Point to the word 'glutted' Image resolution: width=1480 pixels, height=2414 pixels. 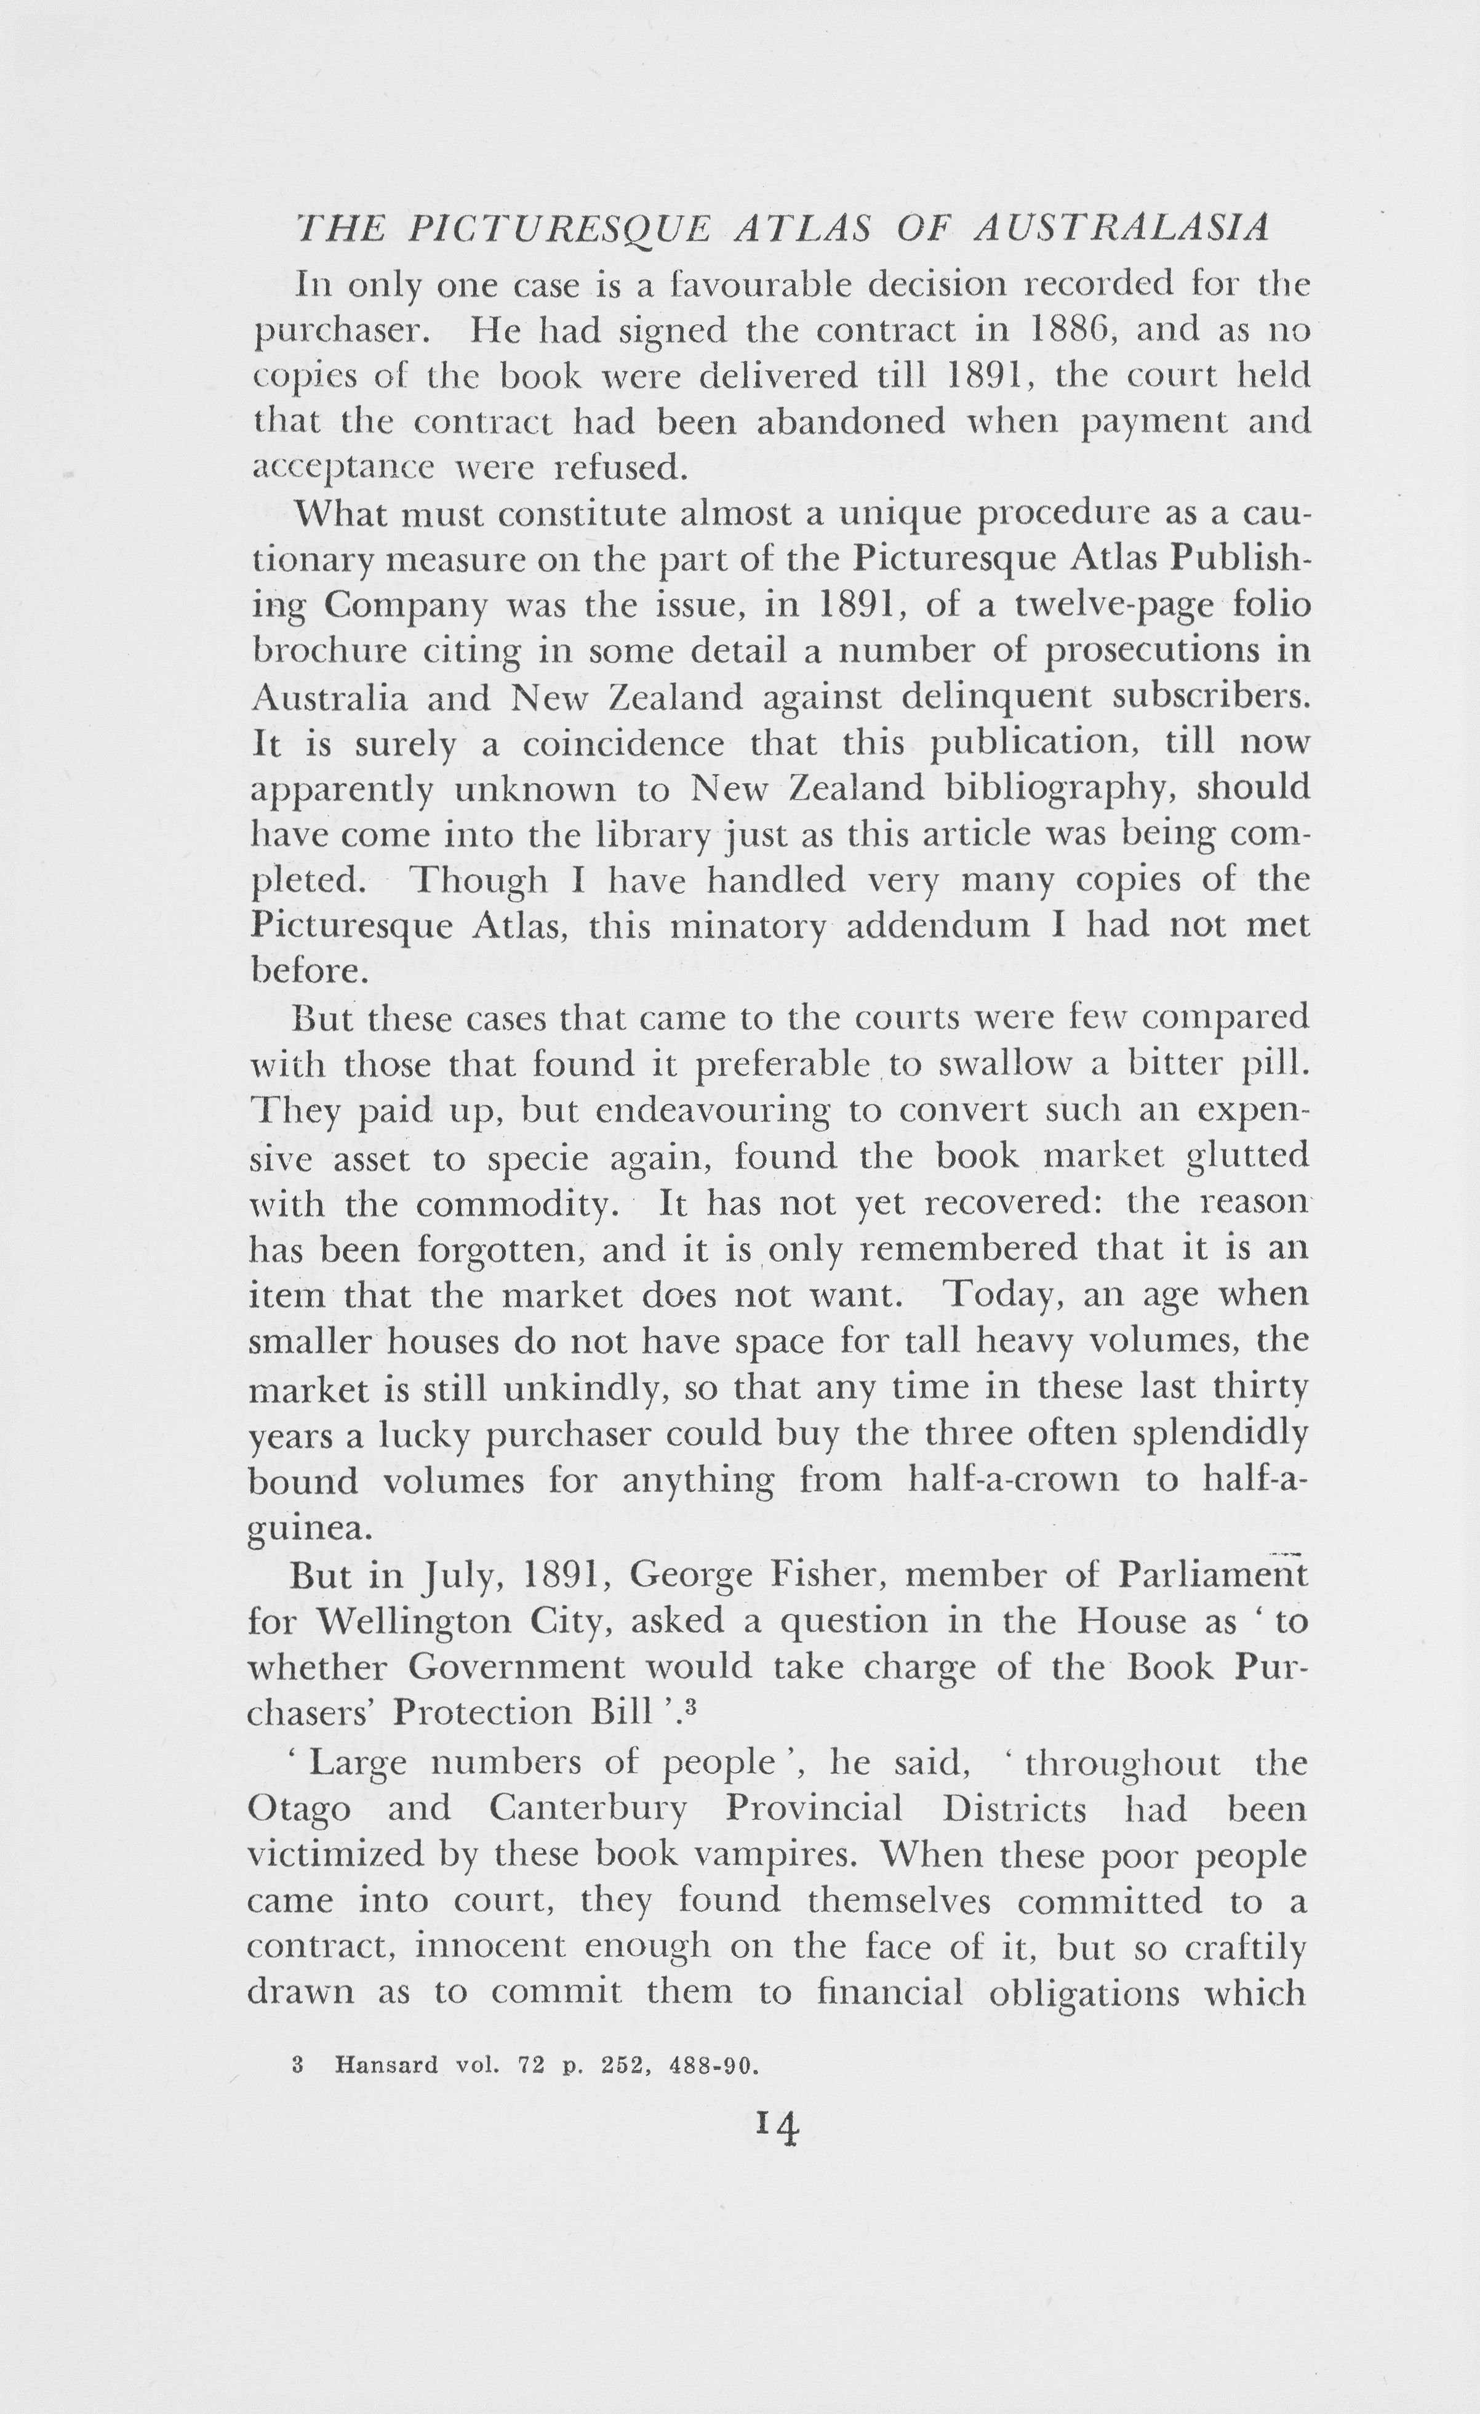point(1247,1156)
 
